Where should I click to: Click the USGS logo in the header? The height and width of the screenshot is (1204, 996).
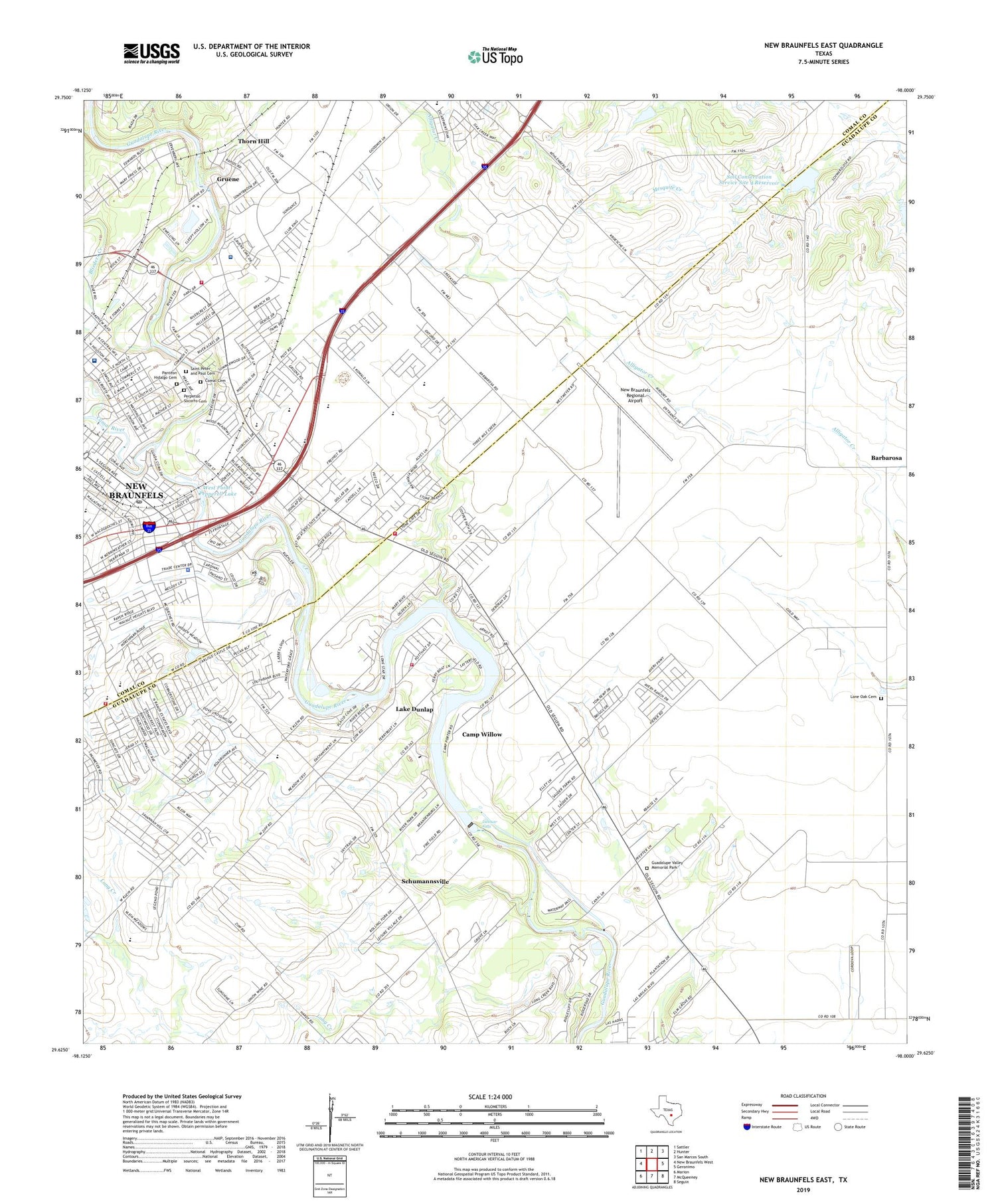(x=151, y=53)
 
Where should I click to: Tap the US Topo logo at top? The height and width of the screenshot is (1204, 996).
(x=495, y=57)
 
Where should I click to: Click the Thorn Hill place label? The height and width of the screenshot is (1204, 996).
(x=254, y=141)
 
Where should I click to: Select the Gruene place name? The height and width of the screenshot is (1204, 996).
(x=228, y=179)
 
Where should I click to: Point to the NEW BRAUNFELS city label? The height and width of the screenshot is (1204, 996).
(x=135, y=491)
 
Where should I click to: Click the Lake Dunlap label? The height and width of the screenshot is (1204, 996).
(x=414, y=709)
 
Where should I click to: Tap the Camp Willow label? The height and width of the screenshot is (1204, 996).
(x=482, y=734)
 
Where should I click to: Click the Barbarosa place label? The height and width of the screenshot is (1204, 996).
(x=886, y=458)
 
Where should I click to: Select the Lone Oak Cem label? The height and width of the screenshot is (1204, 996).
(x=863, y=697)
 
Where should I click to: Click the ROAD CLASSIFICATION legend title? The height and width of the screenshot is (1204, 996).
(x=804, y=1096)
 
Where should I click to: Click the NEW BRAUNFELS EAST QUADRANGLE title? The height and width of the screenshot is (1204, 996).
(x=823, y=45)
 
